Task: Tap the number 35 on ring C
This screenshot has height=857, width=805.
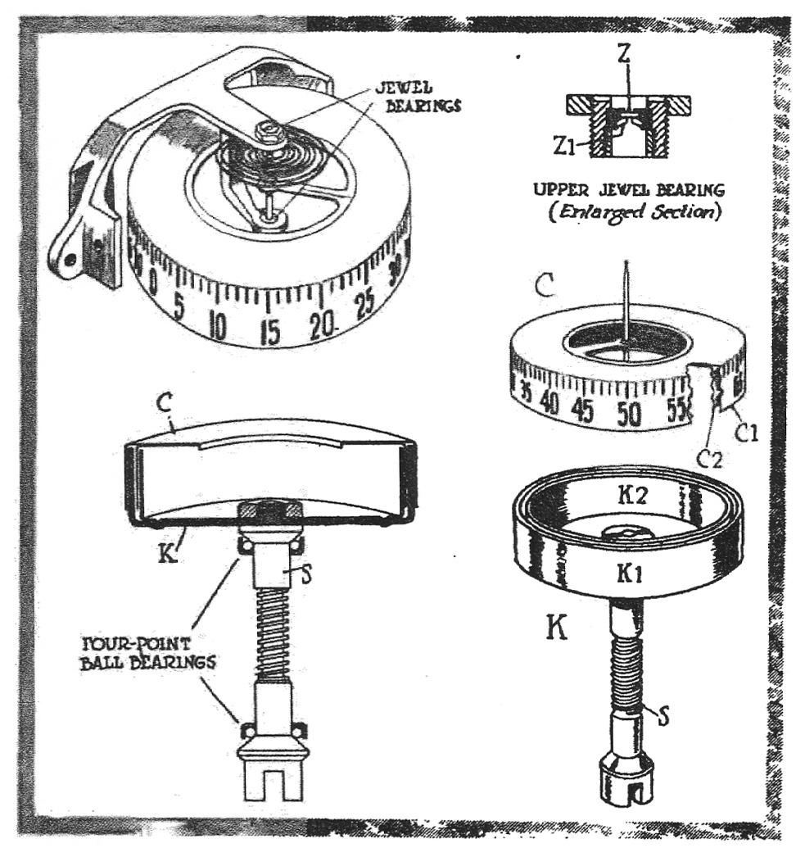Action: tap(524, 392)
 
